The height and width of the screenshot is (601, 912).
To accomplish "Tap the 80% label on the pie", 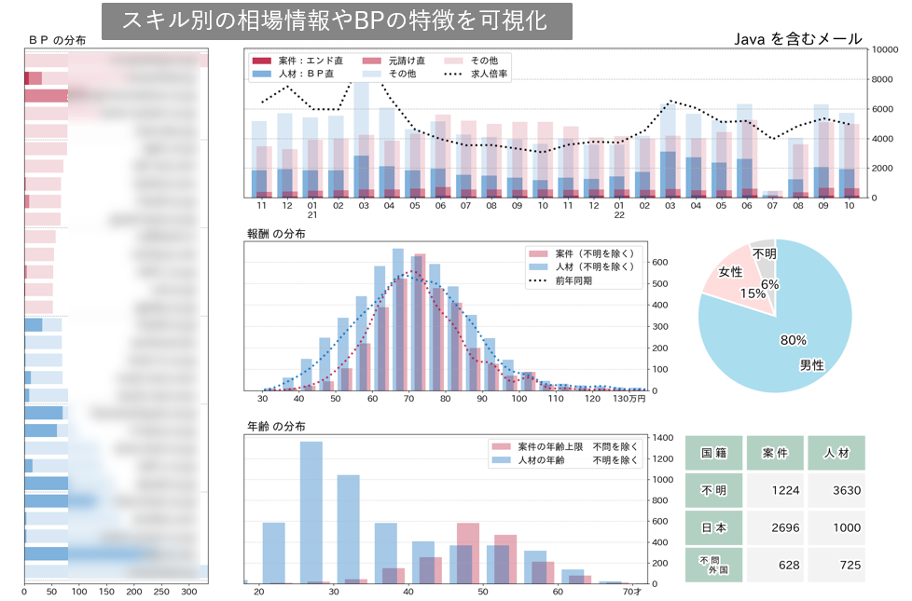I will [794, 340].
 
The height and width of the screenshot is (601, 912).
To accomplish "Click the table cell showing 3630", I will [841, 490].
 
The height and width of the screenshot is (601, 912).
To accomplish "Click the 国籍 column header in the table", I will [713, 453].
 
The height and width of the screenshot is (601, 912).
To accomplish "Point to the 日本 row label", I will [713, 527].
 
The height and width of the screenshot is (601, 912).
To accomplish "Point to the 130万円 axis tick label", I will [629, 400].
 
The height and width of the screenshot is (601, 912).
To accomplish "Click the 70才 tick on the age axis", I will [630, 592].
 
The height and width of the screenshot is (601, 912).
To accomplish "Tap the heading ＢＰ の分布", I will [57, 40].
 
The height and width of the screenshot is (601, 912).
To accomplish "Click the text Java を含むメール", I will [798, 39].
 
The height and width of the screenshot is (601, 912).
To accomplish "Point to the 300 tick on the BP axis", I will [189, 592].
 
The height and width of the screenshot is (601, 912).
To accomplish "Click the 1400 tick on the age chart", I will [664, 437].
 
